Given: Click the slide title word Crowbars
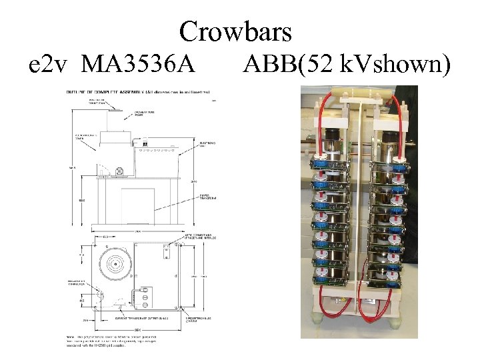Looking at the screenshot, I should pyautogui.click(x=236, y=31).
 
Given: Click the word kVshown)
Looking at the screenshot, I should pyautogui.click(x=396, y=65).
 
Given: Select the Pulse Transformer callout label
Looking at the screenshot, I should pyautogui.click(x=207, y=197).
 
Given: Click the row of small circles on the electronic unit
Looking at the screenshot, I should pyautogui.click(x=160, y=151).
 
